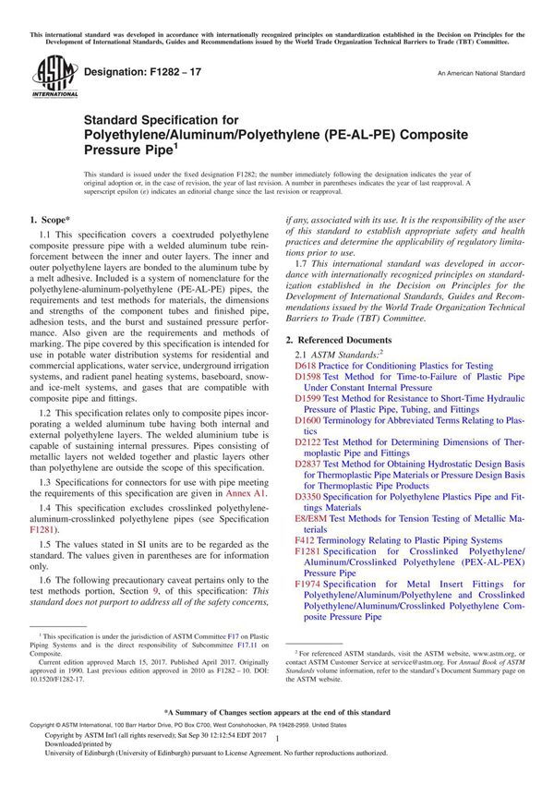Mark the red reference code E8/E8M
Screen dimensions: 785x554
(313, 518)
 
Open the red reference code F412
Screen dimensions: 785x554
(305, 540)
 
